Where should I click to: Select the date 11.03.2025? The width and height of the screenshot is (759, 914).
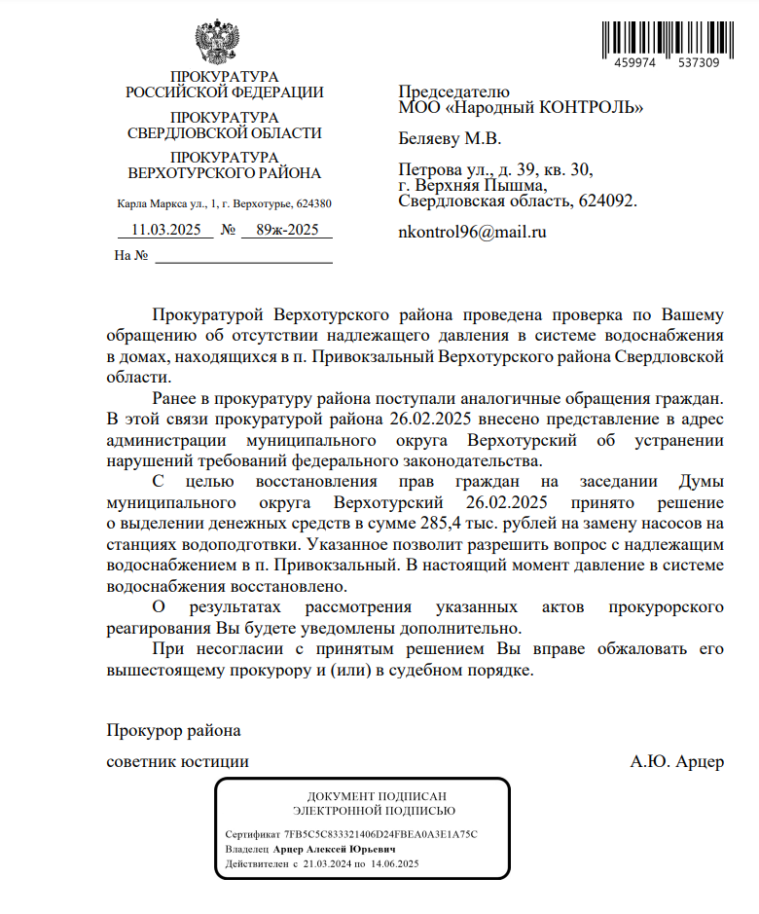point(165,231)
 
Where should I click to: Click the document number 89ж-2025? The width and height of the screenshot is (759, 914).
point(287,231)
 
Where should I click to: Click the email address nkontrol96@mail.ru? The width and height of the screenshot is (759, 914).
point(473,233)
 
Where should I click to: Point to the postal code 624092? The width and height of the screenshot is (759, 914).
point(610,201)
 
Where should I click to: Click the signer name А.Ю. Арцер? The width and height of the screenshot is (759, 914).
point(677,761)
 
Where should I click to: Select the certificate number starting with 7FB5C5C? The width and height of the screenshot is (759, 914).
point(380,834)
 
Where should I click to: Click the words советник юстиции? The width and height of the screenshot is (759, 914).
point(177,761)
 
